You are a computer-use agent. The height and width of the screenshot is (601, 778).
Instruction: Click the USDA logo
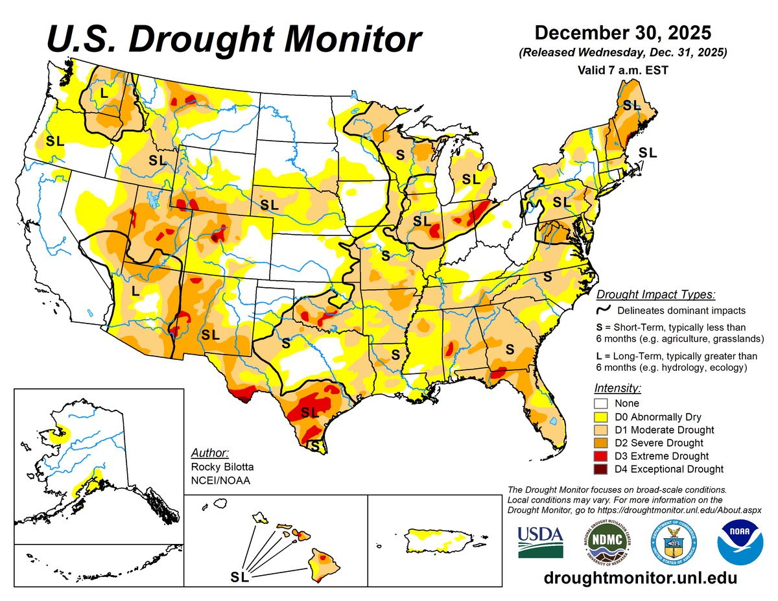pos(540,542)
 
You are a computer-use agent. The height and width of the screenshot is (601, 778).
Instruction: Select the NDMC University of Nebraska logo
pos(606,542)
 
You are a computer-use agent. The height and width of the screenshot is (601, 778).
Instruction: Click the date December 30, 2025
pos(622,32)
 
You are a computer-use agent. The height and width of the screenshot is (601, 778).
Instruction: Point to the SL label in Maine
pos(631,104)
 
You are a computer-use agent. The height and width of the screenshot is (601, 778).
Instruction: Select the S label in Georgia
pos(510,349)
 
